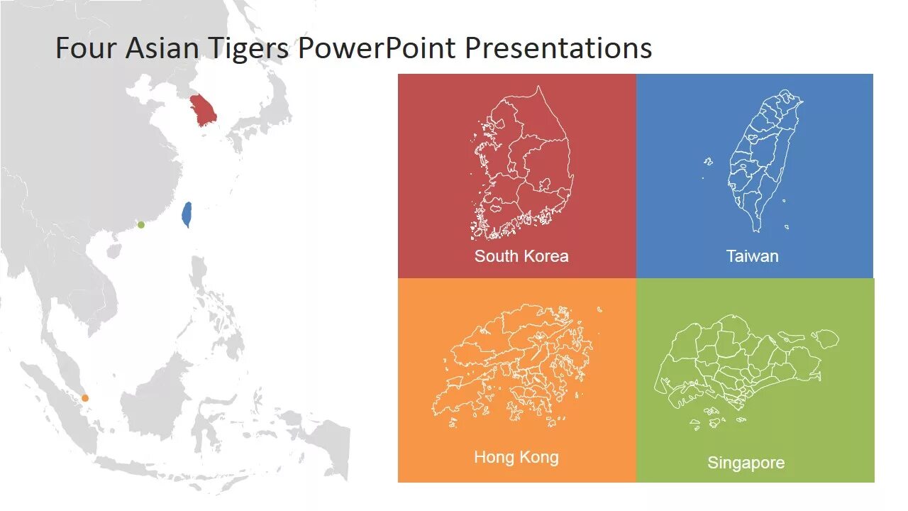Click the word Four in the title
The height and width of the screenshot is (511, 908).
pos(86,48)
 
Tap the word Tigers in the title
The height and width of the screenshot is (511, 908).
pos(248,48)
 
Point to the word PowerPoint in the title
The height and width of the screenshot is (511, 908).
pos(377,48)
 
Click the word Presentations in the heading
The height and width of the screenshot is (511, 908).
pos(558,48)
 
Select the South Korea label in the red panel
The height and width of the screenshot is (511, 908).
pos(521,256)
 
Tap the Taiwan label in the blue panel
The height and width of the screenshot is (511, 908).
pos(752,256)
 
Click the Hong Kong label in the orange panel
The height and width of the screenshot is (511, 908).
pos(516,457)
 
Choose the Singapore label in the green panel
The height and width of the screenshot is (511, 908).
pos(746,463)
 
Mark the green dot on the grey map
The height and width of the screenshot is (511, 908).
pos(141,225)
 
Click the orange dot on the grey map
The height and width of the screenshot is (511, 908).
pos(85,398)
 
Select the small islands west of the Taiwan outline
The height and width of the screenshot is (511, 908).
pos(708,162)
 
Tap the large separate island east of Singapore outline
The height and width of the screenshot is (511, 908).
pos(824,339)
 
